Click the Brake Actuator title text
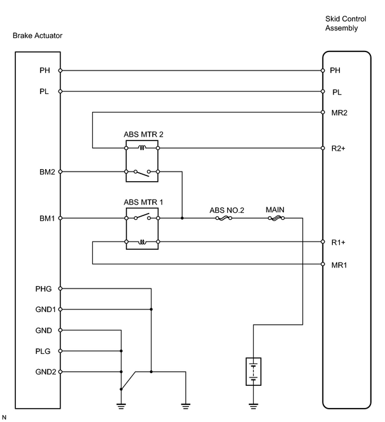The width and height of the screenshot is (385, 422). coord(38,36)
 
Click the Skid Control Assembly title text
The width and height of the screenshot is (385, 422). coord(346,24)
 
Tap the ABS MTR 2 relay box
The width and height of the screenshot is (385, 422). coord(142,161)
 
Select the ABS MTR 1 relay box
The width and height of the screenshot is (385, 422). coord(142,229)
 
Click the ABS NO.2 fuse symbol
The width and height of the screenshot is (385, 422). coord(224,218)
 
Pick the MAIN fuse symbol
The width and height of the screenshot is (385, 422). coord(276,218)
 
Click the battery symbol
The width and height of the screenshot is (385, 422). coord(253,371)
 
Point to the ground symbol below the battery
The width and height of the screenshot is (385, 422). coord(253,406)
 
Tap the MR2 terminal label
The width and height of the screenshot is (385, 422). coord(339,112)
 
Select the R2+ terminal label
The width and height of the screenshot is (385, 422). coord(338,149)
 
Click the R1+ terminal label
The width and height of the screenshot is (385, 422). coord(338,243)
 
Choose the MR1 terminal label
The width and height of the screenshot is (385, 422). coord(339,265)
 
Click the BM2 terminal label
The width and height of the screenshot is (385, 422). coord(47,172)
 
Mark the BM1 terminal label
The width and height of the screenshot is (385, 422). coord(47,218)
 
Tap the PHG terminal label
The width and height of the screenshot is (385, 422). coord(43,289)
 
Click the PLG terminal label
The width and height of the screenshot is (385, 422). coord(43,351)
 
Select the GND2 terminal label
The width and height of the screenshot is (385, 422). coord(46,372)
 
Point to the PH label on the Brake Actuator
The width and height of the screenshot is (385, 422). coord(45,71)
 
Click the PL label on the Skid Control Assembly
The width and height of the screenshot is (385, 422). coord(337,92)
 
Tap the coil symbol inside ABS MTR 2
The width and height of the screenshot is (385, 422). coord(142,147)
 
